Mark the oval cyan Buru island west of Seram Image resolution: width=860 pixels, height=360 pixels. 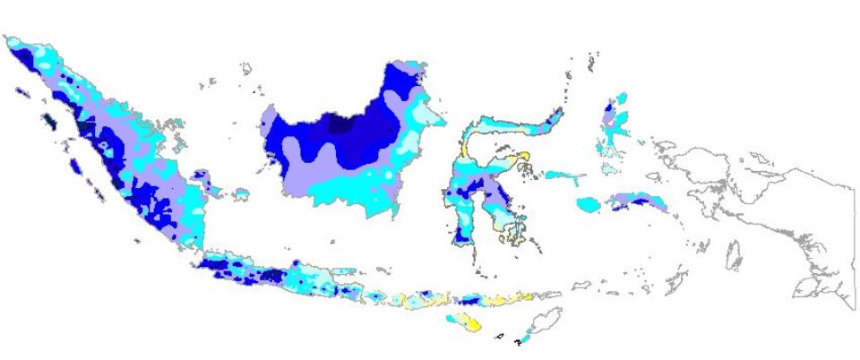pyautogui.click(x=589, y=205)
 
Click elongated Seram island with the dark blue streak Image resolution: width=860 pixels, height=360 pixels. pyautogui.click(x=639, y=201)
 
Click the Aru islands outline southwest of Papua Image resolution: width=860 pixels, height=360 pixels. pyautogui.click(x=733, y=254)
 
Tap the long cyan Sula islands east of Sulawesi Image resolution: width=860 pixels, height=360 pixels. pyautogui.click(x=564, y=175)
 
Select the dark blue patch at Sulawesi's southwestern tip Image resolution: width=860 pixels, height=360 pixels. pyautogui.click(x=460, y=235)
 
